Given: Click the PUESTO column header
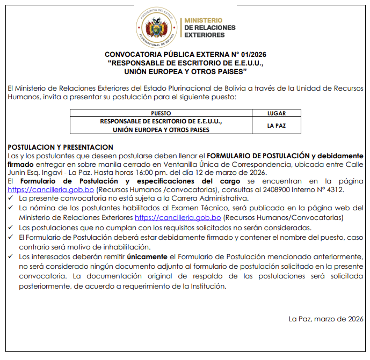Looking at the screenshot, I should coord(161,113).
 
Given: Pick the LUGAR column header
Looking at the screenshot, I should coord(277,113).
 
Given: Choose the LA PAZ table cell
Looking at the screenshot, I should coord(277,126).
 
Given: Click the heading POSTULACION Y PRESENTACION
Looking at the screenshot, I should coord(61,147).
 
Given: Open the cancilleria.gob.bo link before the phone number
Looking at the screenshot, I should coord(51,189).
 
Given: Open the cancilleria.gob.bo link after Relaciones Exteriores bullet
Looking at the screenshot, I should coord(178,217).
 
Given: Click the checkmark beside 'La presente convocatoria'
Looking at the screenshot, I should coord(12,199).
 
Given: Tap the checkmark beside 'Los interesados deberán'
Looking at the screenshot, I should coord(12,257).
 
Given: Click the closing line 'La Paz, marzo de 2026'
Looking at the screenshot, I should coord(326,319).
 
